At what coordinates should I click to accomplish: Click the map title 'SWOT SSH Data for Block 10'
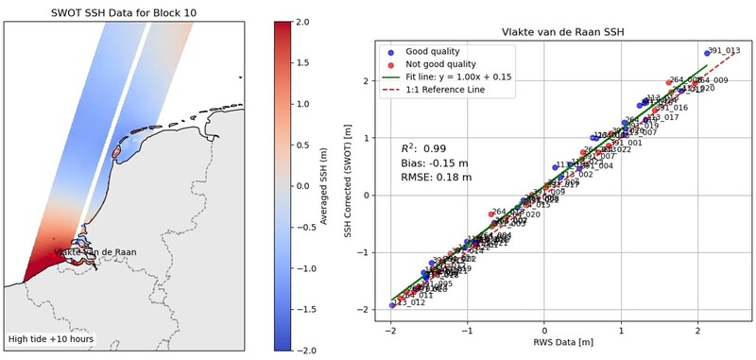tap(124, 10)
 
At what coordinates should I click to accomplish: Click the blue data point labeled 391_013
tap(706, 53)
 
